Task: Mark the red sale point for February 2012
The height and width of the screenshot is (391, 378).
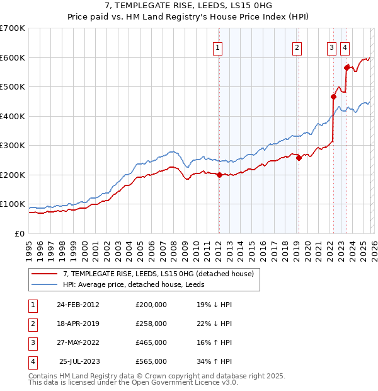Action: [x=219, y=175]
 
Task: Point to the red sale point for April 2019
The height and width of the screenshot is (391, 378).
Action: [x=299, y=158]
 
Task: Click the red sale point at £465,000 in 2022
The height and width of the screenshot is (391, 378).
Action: [x=333, y=97]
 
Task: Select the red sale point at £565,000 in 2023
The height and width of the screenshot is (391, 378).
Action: [x=346, y=67]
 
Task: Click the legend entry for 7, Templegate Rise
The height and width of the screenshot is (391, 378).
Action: [x=157, y=274]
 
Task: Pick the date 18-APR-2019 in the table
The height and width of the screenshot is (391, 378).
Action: [x=77, y=324]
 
